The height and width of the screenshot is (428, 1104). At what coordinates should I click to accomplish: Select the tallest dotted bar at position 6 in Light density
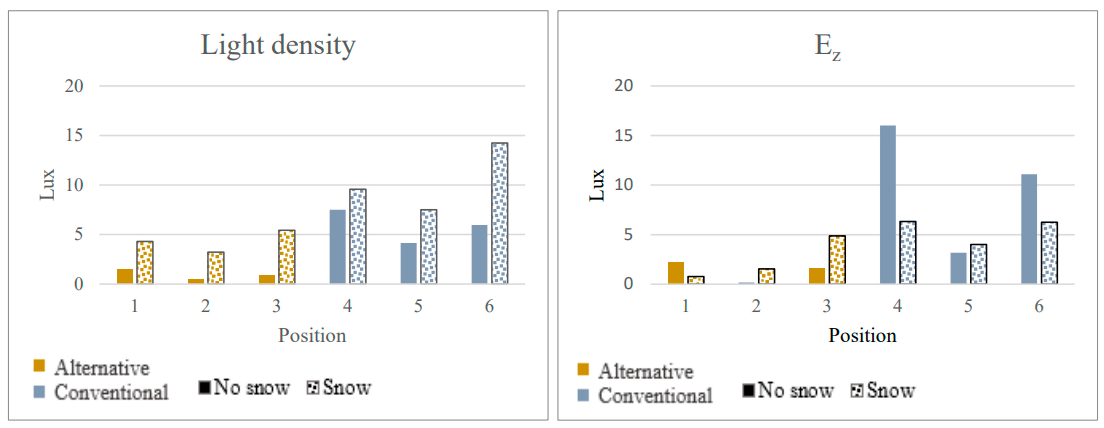point(499,213)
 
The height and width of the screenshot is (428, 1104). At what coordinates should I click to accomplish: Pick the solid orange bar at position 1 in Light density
point(125,276)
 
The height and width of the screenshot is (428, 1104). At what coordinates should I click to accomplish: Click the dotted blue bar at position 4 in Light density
point(358,236)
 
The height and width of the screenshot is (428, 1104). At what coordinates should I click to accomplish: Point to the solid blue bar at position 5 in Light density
point(408,263)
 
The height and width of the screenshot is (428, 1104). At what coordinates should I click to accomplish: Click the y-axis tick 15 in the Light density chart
point(74,135)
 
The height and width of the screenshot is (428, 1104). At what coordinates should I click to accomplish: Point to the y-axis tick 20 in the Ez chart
point(623,86)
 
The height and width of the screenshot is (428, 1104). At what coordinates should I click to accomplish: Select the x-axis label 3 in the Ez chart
point(827,306)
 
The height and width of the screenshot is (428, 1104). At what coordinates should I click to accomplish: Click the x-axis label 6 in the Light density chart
point(489,306)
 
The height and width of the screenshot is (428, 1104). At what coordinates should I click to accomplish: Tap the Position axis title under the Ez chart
point(862,335)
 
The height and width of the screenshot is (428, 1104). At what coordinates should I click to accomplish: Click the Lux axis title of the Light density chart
point(47,185)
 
